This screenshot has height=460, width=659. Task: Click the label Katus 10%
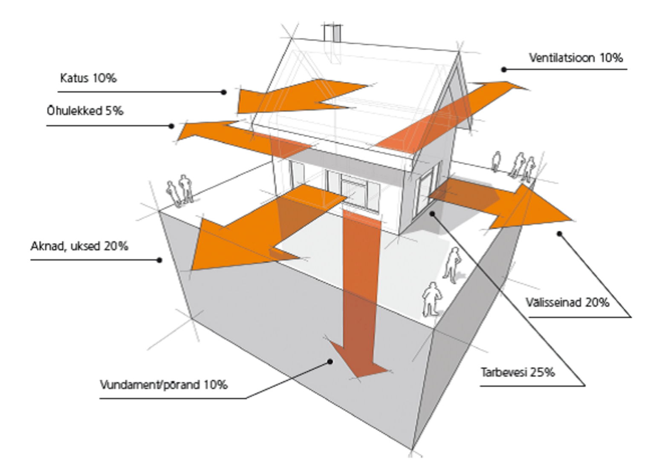(x=88, y=78)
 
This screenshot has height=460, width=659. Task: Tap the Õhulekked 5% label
(x=85, y=110)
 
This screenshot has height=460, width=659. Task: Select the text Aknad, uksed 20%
(x=79, y=246)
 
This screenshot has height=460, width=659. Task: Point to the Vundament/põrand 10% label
(x=164, y=385)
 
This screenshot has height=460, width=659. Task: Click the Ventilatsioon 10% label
(x=576, y=57)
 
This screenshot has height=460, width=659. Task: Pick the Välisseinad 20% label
(x=567, y=302)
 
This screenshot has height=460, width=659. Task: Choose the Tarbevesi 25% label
(x=518, y=372)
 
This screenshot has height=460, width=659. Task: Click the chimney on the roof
(x=332, y=33)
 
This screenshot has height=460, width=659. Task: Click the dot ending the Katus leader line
(x=224, y=92)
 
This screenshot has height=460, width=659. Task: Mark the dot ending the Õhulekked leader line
(x=171, y=126)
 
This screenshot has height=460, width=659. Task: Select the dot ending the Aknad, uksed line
(x=159, y=260)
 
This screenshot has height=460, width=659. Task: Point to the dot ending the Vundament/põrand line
(x=330, y=362)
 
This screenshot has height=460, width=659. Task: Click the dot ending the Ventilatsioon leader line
(x=504, y=70)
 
